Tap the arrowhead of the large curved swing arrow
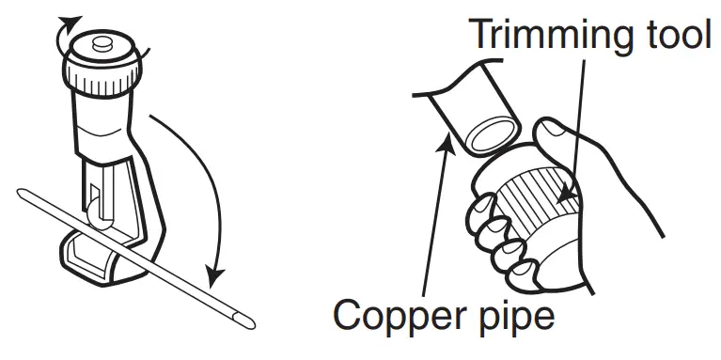coord(215,276)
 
